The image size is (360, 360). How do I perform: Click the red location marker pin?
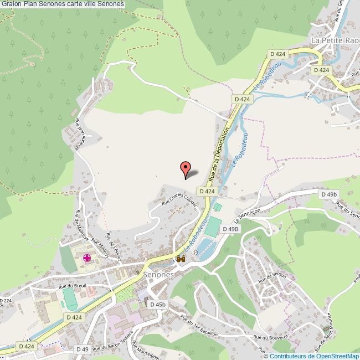tap(186, 168)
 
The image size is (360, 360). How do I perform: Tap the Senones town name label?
tap(158, 274)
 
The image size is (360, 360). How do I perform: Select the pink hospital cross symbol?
tap(87, 258)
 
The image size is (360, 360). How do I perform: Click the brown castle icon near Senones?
tap(181, 259)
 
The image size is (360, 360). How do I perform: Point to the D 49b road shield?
tap(328, 194)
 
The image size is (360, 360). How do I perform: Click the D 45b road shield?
tap(157, 304)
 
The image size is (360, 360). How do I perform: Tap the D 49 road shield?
tap(83, 349)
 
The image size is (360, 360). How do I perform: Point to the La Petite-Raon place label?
tap(335, 40)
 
